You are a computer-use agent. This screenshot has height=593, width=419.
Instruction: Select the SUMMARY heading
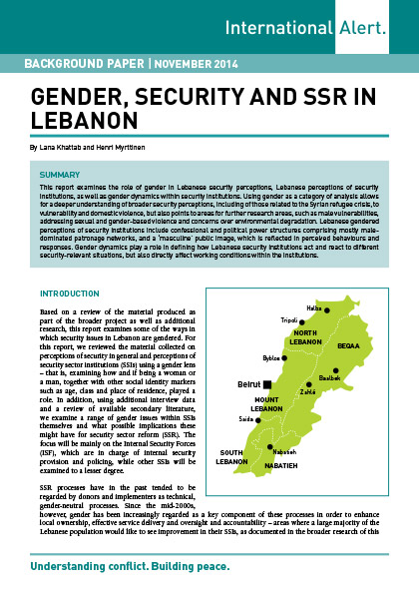point(64,173)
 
